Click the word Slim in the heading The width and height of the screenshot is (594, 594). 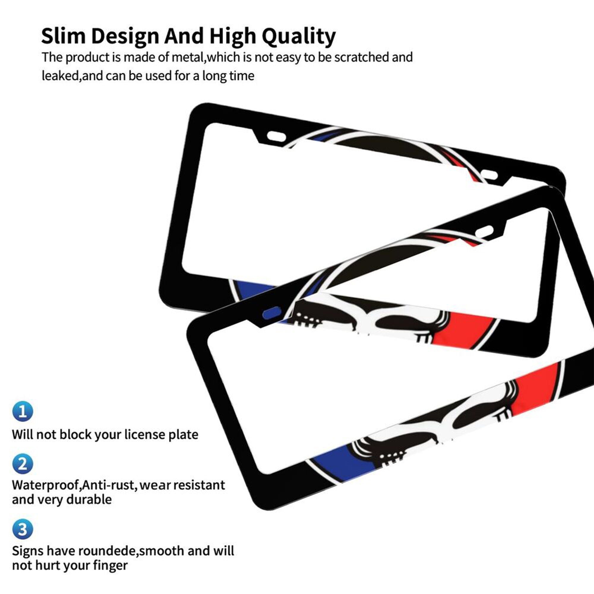pyautogui.click(x=63, y=36)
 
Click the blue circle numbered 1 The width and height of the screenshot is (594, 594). pyautogui.click(x=23, y=411)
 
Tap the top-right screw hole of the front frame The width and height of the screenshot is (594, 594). pyautogui.click(x=484, y=231)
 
